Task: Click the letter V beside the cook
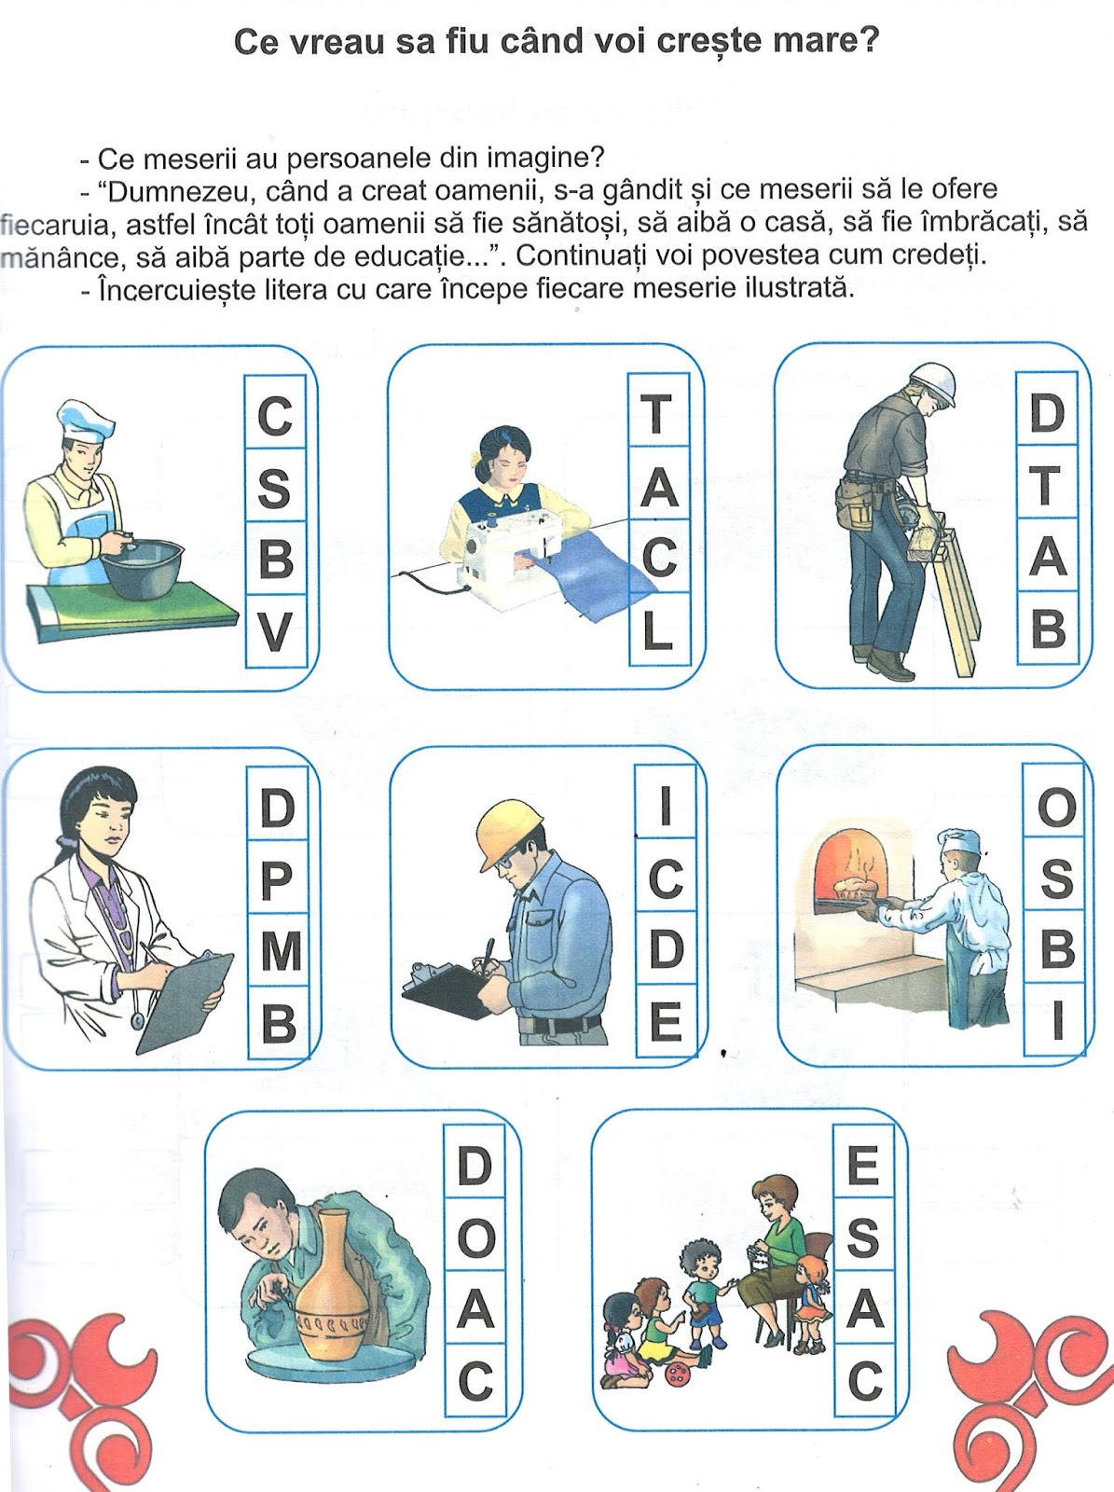click(275, 632)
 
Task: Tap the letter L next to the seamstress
click(658, 631)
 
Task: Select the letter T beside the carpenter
click(1046, 484)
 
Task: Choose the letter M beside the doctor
click(279, 951)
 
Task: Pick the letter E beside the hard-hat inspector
click(666, 1022)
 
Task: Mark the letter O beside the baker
click(1056, 808)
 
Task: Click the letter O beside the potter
click(475, 1238)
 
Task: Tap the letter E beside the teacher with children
click(863, 1166)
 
